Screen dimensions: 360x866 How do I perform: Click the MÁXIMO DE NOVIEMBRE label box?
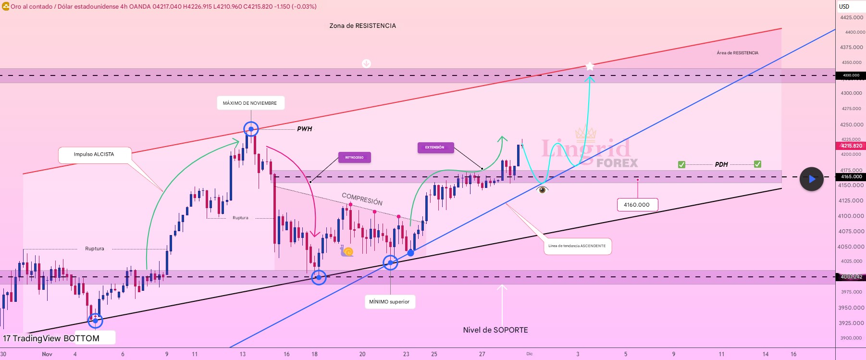point(250,103)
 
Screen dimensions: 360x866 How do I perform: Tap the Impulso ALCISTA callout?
point(94,155)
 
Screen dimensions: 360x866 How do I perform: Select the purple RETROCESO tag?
point(354,158)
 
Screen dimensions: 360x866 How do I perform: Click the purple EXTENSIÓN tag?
point(435,148)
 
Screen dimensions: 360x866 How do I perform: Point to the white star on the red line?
point(590,66)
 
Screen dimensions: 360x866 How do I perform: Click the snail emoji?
point(347,251)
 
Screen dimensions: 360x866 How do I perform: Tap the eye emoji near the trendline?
point(542,190)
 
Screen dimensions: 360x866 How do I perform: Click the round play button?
point(811,179)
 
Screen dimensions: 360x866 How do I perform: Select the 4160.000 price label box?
point(637,205)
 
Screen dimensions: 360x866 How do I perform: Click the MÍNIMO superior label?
point(389,302)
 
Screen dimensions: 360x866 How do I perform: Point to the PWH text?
point(304,129)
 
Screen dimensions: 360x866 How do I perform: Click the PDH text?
point(721,164)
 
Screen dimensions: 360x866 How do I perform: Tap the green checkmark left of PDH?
point(681,164)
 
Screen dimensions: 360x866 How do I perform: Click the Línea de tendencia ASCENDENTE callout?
point(577,246)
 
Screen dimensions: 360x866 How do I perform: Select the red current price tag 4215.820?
point(851,146)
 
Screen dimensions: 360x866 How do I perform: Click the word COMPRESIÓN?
point(362,199)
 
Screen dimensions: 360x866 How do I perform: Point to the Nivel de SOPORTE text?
point(495,330)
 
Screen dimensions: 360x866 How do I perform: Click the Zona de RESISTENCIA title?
point(362,26)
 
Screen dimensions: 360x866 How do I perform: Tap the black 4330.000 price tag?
point(851,75)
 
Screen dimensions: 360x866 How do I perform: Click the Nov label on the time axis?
point(47,354)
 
